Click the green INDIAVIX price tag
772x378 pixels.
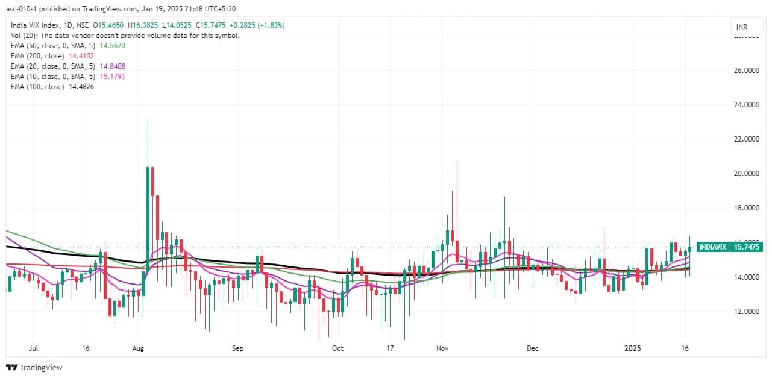pos(730,247)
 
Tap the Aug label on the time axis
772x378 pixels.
pos(138,348)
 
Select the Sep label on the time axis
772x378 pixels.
pos(237,348)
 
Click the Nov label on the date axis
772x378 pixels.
pos(442,348)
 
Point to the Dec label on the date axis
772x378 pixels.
pos(532,348)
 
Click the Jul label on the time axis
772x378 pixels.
pos(34,348)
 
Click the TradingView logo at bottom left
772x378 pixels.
pos(34,367)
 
